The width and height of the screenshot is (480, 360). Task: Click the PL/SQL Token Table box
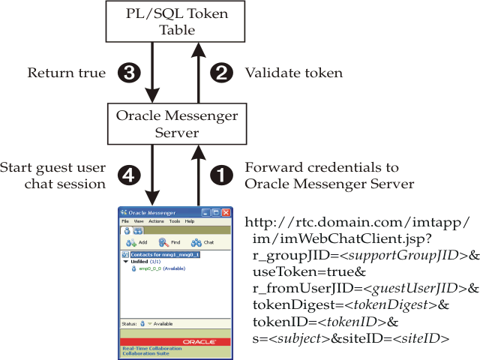coord(177,22)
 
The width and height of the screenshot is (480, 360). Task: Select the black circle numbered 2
coord(220,73)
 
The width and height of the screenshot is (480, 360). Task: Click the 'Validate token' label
coord(293,73)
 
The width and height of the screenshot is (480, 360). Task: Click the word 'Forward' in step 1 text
coord(271,166)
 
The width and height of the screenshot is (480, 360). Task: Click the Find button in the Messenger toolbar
coord(169,243)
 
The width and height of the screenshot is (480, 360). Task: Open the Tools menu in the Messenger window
coord(174,222)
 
